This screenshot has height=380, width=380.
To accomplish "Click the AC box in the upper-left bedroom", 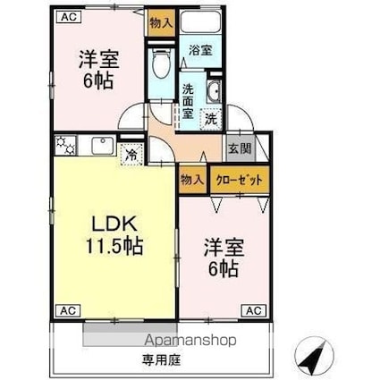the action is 69,16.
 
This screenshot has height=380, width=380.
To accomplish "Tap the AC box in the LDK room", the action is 68,311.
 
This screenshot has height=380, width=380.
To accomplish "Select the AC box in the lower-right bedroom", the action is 254,311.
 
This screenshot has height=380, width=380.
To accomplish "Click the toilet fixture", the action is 161,63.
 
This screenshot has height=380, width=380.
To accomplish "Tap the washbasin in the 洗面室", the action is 214,91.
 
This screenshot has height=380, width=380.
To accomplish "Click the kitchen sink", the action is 103,146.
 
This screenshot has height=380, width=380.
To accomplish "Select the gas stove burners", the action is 66,146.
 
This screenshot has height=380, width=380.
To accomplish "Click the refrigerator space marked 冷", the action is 131,154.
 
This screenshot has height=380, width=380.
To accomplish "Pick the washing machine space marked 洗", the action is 211,120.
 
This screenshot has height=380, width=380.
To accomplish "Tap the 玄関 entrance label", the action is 240,148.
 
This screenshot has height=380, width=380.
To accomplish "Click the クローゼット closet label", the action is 240,181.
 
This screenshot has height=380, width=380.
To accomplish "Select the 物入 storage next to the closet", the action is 192,180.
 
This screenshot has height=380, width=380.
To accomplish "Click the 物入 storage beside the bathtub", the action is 161,23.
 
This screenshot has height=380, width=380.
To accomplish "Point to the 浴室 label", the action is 200,50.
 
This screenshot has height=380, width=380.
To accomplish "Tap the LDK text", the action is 114,224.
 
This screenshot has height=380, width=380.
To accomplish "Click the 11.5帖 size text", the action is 114,246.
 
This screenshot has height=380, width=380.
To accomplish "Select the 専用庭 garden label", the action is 161,360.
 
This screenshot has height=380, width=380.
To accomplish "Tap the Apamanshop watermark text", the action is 190,340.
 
